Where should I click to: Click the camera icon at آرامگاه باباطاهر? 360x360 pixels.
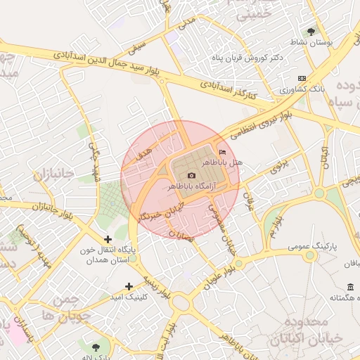pyautogui.click(x=191, y=175)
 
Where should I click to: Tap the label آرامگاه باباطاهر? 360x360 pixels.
pyautogui.click(x=191, y=186)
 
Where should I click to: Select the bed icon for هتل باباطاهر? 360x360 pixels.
pyautogui.click(x=223, y=153)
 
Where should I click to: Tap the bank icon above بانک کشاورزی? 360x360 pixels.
pyautogui.click(x=302, y=78)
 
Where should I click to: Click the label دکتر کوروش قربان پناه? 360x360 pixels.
pyautogui.click(x=247, y=58)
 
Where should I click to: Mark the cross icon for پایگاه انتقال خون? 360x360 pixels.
pyautogui.click(x=108, y=240)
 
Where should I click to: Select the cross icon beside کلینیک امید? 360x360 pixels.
pyautogui.click(x=129, y=286)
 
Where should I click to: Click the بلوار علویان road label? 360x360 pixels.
pyautogui.click(x=217, y=275)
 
